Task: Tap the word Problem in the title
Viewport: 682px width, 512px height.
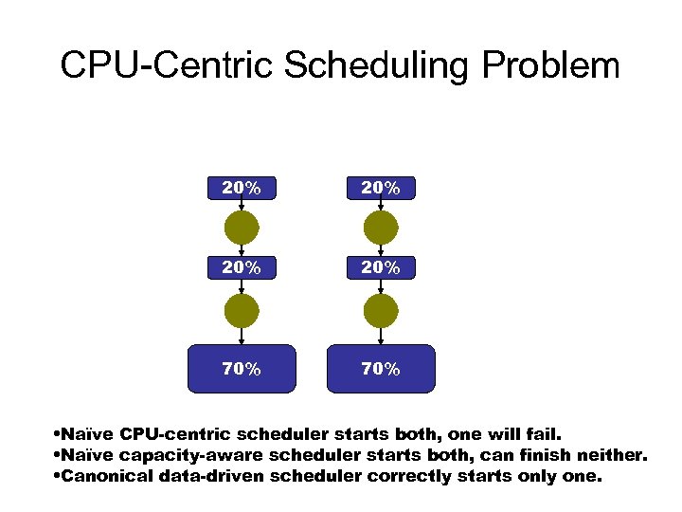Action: click(550, 66)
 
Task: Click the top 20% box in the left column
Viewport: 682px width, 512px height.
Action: click(242, 189)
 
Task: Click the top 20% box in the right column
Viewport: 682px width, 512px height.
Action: click(380, 189)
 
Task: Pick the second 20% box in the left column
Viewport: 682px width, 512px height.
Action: click(242, 268)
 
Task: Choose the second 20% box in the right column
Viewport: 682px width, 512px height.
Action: click(380, 268)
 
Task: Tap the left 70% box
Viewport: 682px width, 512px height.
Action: click(242, 369)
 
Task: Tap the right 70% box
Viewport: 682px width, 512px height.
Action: click(380, 369)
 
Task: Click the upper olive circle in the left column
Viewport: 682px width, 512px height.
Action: click(242, 229)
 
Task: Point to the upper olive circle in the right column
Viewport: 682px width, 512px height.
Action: click(381, 229)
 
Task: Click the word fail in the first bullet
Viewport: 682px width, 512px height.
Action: click(544, 434)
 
